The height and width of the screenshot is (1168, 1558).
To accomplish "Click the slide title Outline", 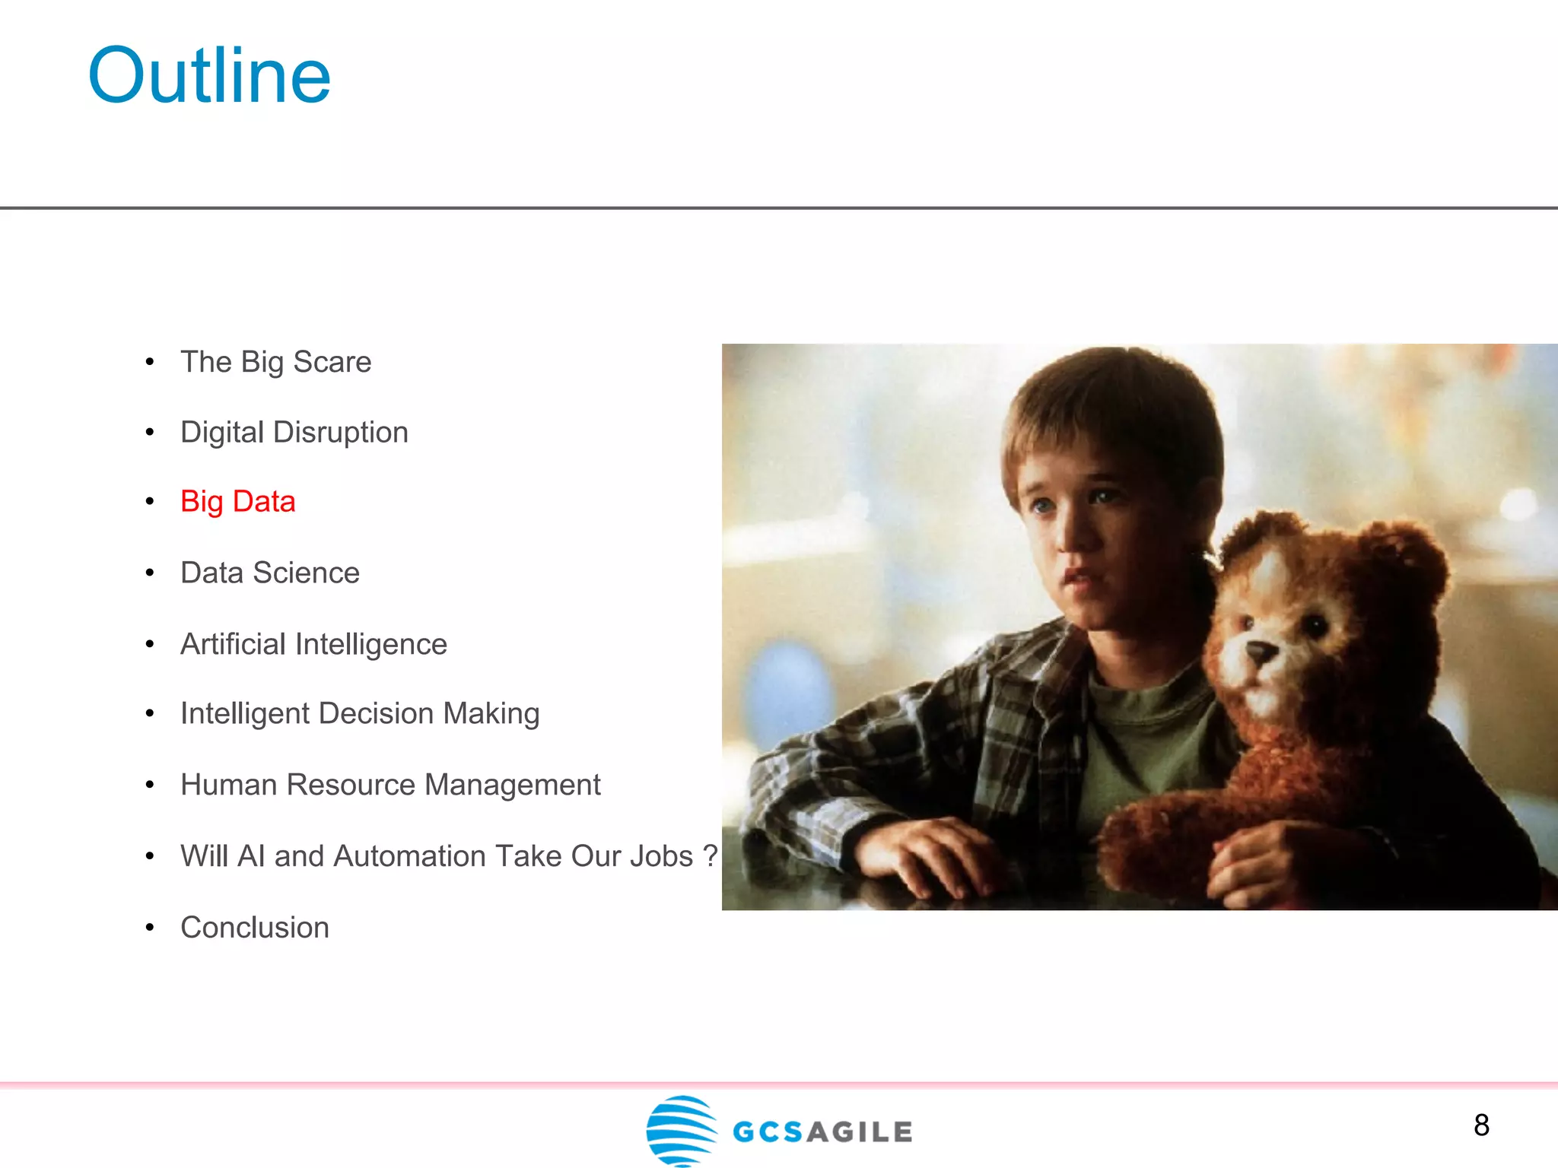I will (209, 76).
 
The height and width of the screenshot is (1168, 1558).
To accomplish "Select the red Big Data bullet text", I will (237, 502).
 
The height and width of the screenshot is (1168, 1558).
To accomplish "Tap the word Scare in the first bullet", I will (332, 362).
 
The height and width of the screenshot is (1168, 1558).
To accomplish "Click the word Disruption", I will (341, 433).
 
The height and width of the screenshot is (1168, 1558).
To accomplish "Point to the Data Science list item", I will (270, 573).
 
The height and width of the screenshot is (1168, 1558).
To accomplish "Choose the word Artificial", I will (233, 644).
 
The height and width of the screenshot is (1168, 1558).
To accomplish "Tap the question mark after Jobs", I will (710, 856).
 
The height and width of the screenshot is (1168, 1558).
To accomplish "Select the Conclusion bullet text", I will (255, 928).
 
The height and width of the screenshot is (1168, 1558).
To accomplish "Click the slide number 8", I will (1481, 1125).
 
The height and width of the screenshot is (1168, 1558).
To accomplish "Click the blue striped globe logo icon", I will (681, 1130).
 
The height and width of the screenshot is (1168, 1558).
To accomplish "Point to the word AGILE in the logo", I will (860, 1132).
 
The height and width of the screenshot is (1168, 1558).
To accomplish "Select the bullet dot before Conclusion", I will (150, 928).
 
